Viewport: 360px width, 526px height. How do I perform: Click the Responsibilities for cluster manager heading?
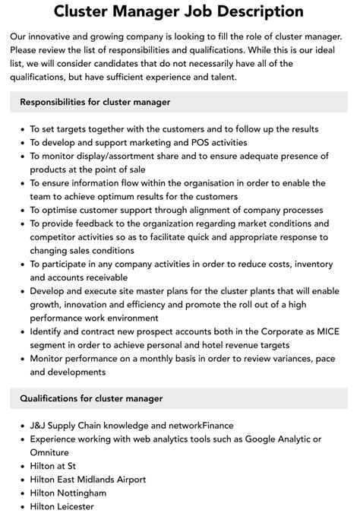click(x=95, y=102)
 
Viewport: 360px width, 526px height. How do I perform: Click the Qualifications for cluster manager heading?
click(x=91, y=398)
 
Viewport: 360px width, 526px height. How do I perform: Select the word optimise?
click(x=65, y=210)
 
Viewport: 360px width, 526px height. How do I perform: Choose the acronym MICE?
click(x=314, y=332)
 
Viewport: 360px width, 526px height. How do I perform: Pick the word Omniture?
click(x=52, y=453)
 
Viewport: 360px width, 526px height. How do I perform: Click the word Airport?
click(x=128, y=480)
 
